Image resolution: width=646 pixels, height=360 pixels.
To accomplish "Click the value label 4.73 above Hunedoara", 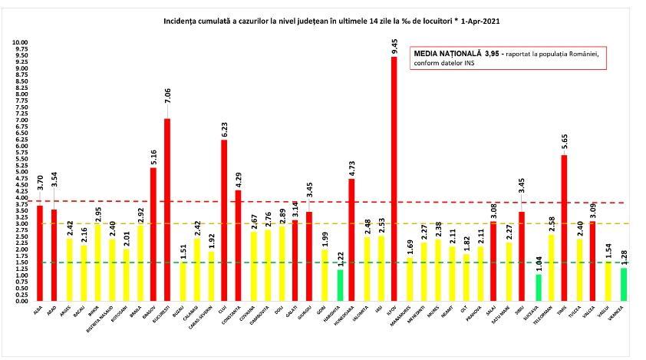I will point(351,167).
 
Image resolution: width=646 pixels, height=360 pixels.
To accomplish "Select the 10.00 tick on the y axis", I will point(21,43).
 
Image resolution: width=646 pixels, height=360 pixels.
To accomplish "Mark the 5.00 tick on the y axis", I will point(21,172).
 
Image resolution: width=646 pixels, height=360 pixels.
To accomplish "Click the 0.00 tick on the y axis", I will point(21,301).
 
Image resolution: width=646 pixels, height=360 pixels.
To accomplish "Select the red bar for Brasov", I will point(153,234).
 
